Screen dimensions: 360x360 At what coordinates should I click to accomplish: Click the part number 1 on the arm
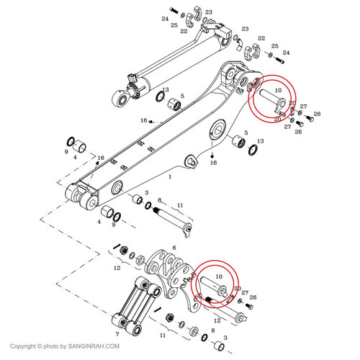pyautogui.click(x=170, y=177)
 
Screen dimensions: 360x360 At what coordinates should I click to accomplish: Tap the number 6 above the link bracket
pyautogui.click(x=174, y=248)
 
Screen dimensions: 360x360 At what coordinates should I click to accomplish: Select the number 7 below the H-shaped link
pyautogui.click(x=117, y=334)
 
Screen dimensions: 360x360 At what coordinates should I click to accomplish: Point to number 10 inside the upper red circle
pyautogui.click(x=278, y=91)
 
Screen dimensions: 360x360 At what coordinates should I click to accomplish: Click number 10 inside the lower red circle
pyautogui.click(x=219, y=276)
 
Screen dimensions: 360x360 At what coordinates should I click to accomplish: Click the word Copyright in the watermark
pyautogui.click(x=23, y=346)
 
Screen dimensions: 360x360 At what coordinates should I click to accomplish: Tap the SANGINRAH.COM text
pyautogui.click(x=94, y=346)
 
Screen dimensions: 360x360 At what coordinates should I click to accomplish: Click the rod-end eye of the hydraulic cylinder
pyautogui.click(x=120, y=99)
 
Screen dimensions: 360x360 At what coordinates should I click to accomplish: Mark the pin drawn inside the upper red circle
pyautogui.click(x=272, y=99)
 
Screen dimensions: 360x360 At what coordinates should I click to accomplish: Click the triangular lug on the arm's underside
pyautogui.click(x=191, y=161)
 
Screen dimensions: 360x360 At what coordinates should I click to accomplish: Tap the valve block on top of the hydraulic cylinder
pyautogui.click(x=214, y=28)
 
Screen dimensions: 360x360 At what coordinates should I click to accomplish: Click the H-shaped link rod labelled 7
pyautogui.click(x=136, y=305)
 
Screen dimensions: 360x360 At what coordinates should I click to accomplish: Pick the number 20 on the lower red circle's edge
pyautogui.click(x=237, y=288)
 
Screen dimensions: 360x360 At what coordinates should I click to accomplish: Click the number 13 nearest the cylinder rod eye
pyautogui.click(x=166, y=89)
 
